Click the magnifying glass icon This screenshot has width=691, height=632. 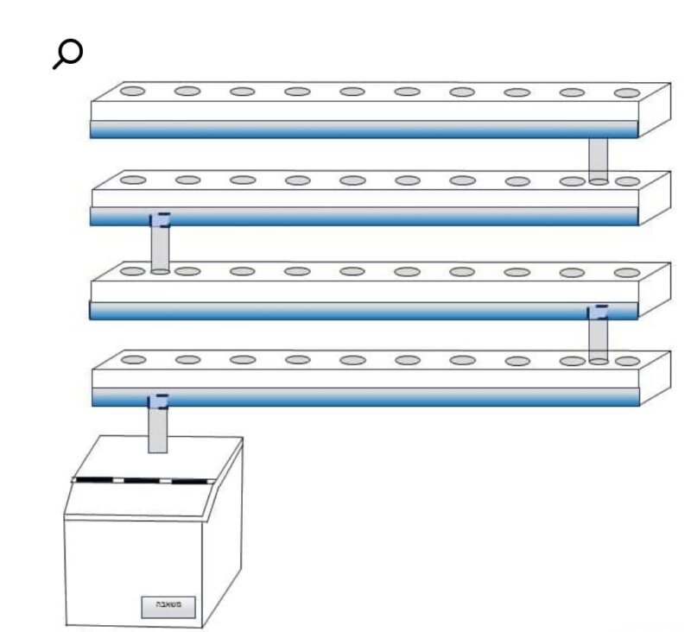[67, 54]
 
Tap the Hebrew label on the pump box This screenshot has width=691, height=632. [168, 606]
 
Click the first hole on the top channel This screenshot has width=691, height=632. [132, 91]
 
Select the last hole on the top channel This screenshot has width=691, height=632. [627, 92]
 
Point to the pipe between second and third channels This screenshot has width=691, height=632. [159, 246]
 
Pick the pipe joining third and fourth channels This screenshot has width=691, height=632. [597, 337]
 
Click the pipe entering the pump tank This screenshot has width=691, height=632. [157, 427]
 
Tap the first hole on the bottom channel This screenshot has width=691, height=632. [132, 359]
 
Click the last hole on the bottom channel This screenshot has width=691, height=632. [627, 361]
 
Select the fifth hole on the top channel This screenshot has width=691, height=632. [352, 92]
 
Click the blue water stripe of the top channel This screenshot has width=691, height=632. [363, 129]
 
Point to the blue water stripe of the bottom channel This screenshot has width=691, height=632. [363, 396]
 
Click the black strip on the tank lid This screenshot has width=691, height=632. [143, 479]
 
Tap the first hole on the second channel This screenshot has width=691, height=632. [132, 180]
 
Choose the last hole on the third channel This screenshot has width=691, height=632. [627, 273]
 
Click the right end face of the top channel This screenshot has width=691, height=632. [654, 110]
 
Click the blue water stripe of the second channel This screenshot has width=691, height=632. [363, 216]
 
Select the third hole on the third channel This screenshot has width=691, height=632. [242, 271]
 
